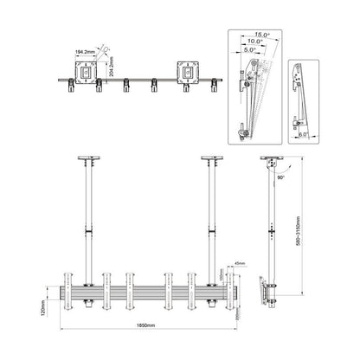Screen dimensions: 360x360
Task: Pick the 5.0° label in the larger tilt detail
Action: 251,55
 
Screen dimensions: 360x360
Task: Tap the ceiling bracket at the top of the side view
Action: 275,162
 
